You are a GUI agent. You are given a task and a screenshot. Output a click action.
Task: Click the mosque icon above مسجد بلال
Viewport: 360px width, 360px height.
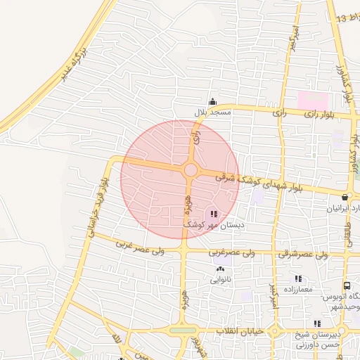pyautogui.click(x=212, y=102)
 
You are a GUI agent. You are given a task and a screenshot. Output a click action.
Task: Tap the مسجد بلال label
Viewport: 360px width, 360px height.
pyautogui.click(x=212, y=112)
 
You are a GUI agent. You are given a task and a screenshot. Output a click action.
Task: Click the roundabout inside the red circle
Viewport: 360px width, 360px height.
pyautogui.click(x=190, y=170)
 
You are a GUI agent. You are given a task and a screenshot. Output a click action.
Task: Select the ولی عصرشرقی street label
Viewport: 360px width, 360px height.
pyautogui.click(x=303, y=253)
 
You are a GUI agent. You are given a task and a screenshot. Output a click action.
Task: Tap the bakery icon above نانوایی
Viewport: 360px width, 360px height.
pyautogui.click(x=220, y=269)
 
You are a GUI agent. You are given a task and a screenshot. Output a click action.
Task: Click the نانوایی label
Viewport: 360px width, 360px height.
pyautogui.click(x=220, y=279)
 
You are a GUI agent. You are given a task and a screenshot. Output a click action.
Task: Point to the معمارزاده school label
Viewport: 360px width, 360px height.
pyautogui.click(x=297, y=290)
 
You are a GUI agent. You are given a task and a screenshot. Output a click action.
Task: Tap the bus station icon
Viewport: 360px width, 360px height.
pyautogui.click(x=347, y=286)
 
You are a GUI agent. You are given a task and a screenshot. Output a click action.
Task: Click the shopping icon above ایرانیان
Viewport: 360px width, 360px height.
pyautogui.click(x=345, y=198)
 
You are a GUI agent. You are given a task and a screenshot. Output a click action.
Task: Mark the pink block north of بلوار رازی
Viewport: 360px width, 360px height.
pyautogui.click(x=314, y=100)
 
